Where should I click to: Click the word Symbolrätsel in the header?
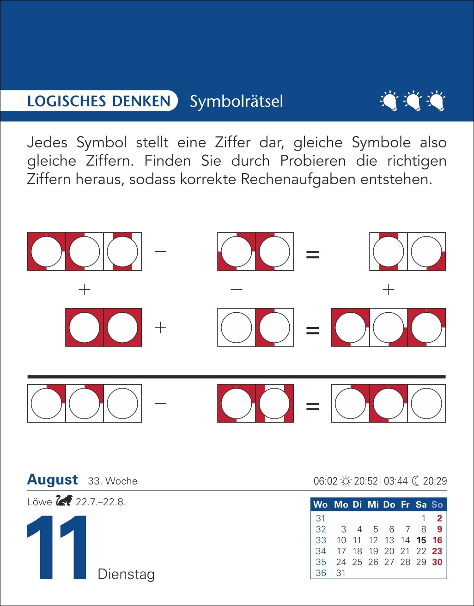(x=236, y=102)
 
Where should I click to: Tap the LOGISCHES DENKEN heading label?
(x=98, y=101)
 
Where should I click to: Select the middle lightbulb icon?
(x=412, y=101)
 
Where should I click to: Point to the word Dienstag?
(x=126, y=575)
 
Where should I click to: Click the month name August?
(x=53, y=479)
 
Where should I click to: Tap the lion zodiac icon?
(x=64, y=501)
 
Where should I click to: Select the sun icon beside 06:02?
(x=346, y=481)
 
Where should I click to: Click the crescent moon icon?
(x=415, y=481)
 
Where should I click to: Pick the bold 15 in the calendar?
(x=421, y=540)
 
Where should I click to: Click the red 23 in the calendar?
(x=437, y=551)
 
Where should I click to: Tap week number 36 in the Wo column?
(x=321, y=573)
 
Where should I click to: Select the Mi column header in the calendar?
(x=373, y=504)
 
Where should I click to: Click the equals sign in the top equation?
(x=313, y=255)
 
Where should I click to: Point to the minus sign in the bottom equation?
(x=160, y=403)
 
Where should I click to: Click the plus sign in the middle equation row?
(x=160, y=328)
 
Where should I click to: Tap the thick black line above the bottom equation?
(x=237, y=377)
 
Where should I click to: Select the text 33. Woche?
(x=113, y=481)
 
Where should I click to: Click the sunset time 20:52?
(x=365, y=481)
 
